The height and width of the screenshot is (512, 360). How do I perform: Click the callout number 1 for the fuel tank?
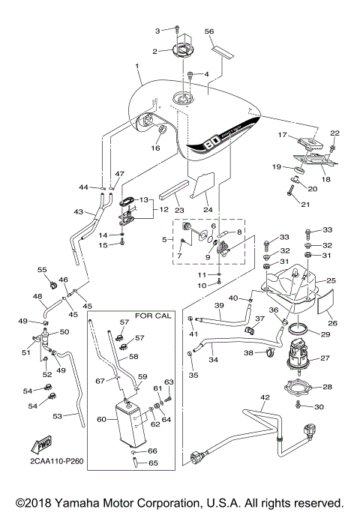click(137, 67)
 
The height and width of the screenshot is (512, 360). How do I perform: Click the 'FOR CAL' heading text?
click(153, 316)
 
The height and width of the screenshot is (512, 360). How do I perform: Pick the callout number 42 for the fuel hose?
click(263, 397)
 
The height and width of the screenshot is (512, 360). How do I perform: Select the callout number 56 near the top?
click(210, 31)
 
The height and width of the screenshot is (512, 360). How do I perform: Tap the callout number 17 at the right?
click(283, 135)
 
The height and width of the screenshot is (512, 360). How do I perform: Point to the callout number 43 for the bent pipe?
click(78, 213)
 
